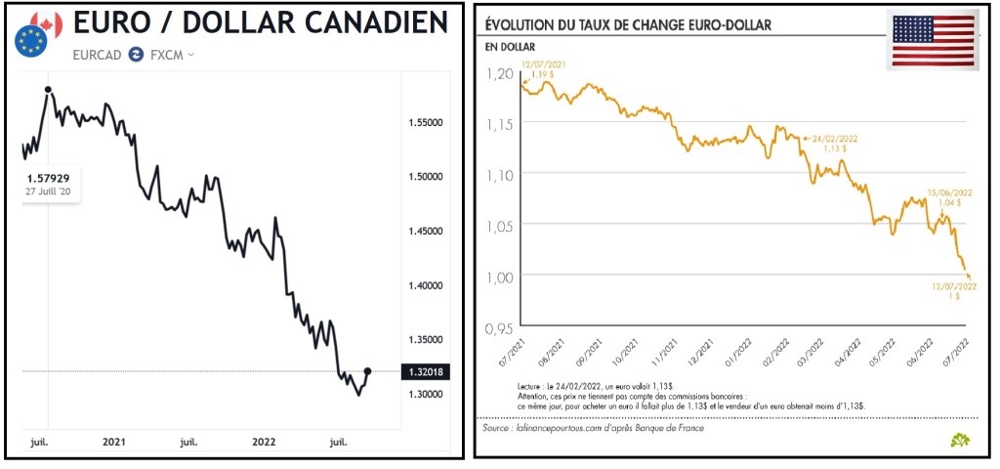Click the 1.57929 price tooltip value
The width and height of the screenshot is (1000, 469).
(x=47, y=178)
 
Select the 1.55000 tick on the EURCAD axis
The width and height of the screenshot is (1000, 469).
(x=426, y=122)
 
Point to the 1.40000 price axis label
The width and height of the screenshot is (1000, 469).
(x=426, y=285)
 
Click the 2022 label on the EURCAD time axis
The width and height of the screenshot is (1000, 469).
(x=263, y=442)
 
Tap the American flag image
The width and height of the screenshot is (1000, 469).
(x=933, y=41)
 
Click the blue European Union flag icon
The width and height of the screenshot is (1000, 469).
(x=30, y=40)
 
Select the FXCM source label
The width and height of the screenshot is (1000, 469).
(x=166, y=55)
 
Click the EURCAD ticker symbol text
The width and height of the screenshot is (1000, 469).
(x=98, y=55)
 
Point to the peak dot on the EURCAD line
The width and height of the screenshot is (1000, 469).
(x=48, y=90)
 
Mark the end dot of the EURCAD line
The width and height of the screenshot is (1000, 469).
(x=367, y=371)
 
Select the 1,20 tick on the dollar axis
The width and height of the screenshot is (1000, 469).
(x=499, y=73)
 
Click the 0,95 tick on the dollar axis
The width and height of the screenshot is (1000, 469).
(x=499, y=325)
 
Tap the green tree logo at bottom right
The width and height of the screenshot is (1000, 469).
(x=960, y=440)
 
